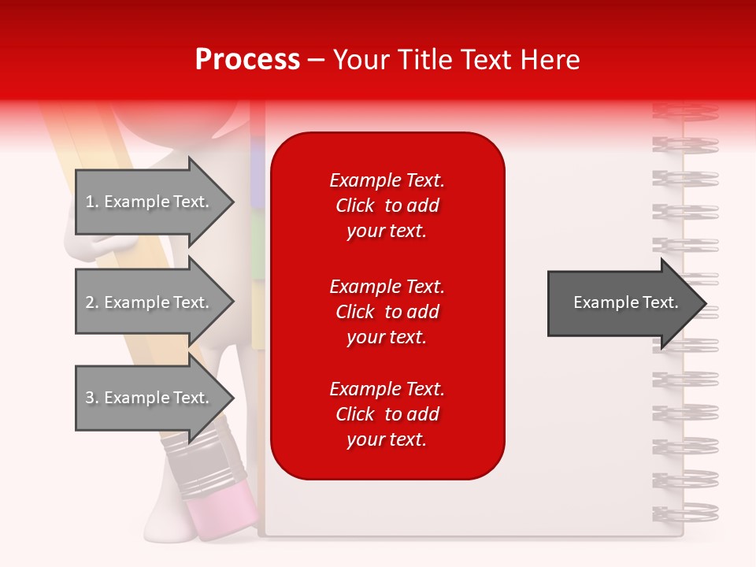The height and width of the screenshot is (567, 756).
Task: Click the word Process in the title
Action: pyautogui.click(x=247, y=60)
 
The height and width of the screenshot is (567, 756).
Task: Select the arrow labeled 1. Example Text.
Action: pyautogui.click(x=150, y=202)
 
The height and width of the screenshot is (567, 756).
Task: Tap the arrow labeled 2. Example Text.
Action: pyautogui.click(x=150, y=302)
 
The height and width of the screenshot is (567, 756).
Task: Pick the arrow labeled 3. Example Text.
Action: pyautogui.click(x=150, y=398)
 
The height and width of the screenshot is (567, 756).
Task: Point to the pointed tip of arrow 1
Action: pyautogui.click(x=232, y=202)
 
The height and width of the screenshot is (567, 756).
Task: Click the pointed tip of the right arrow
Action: pyautogui.click(x=704, y=303)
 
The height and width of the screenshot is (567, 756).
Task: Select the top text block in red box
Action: pyautogui.click(x=387, y=206)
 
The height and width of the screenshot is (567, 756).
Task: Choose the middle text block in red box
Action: pyautogui.click(x=387, y=312)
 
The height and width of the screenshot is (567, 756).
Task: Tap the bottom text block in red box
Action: pyautogui.click(x=387, y=414)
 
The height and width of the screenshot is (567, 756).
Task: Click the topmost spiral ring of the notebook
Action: pyautogui.click(x=685, y=111)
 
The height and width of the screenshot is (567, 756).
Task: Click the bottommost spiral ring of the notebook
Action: pyautogui.click(x=685, y=512)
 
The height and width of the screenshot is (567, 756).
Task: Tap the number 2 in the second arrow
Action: pyautogui.click(x=89, y=302)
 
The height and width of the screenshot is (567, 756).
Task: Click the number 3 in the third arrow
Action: pyautogui.click(x=89, y=398)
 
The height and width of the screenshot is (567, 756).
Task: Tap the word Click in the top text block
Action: pyautogui.click(x=354, y=206)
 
